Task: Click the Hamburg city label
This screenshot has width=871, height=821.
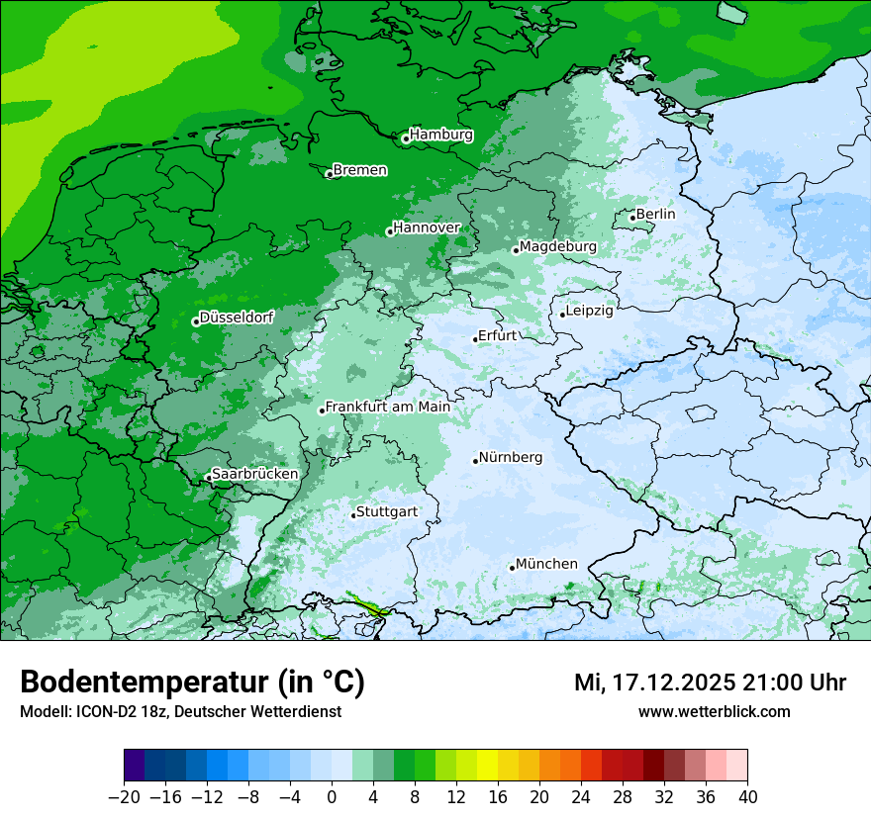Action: [x=440, y=135]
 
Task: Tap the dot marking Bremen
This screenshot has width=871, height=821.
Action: [x=330, y=174]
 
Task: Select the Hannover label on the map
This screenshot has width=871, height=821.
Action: [x=427, y=228]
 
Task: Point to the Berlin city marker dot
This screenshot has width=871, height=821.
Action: [x=632, y=218]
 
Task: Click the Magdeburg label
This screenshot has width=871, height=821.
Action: [x=557, y=246]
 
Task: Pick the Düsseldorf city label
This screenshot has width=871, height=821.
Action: [x=237, y=318]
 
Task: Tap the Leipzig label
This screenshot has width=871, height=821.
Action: [x=589, y=311]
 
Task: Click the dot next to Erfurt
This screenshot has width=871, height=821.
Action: [x=475, y=339]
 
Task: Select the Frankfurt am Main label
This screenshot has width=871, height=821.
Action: [x=387, y=407]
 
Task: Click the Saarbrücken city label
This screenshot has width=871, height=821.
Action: [x=254, y=474]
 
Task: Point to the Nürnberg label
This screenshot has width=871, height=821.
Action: [x=510, y=457]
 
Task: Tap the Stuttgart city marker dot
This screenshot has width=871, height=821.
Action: [x=353, y=515]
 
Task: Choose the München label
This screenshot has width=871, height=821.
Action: [x=546, y=564]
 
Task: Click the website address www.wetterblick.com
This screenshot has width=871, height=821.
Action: [x=714, y=711]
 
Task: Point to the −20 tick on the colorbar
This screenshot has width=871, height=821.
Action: [x=125, y=796]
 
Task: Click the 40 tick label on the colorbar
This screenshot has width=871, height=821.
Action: [x=747, y=796]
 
